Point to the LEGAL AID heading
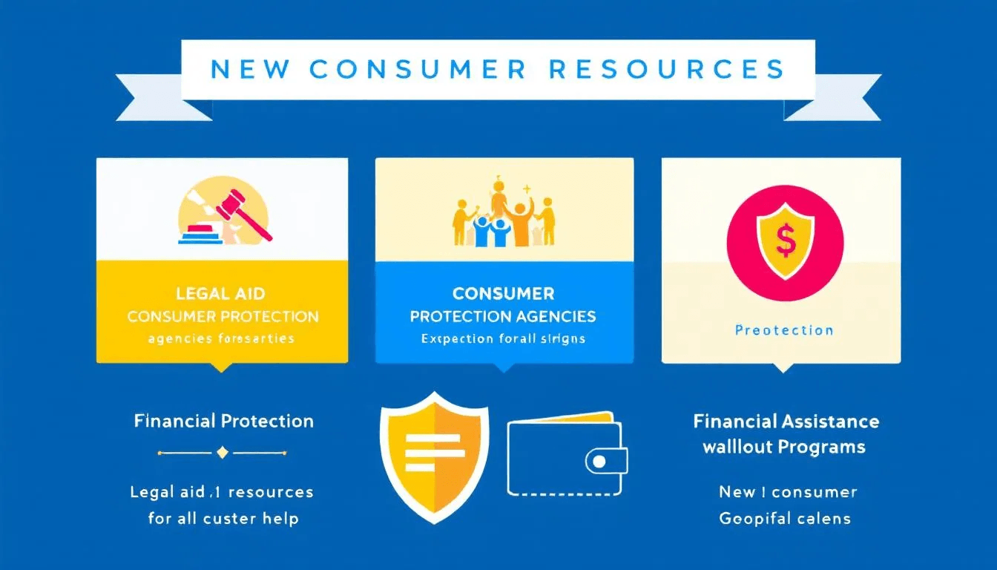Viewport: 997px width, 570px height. pos(223,294)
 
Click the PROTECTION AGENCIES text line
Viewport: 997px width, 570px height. pos(503,316)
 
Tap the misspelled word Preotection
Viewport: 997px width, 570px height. pos(784,330)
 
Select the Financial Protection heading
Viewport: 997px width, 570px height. pos(223,422)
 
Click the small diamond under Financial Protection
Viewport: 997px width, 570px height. pos(222,452)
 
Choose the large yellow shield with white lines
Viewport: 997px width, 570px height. pos(434,453)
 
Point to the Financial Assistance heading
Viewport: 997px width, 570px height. pos(786,422)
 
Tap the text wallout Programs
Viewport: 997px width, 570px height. pos(784,447)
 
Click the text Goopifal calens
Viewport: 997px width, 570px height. pos(785,518)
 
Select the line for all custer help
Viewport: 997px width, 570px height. pos(223,518)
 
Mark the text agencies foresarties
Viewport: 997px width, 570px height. pos(222,338)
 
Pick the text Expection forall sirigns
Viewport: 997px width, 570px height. pos(503,338)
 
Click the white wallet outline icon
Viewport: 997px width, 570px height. pos(565,453)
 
